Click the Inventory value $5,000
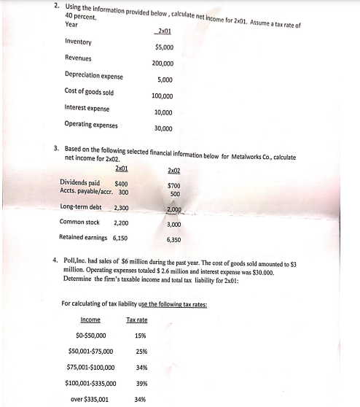tap(163, 47)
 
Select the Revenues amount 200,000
tap(162, 63)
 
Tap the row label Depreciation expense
tap(93, 76)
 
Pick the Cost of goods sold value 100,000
tap(162, 96)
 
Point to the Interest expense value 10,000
tap(163, 112)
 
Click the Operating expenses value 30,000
tap(163, 128)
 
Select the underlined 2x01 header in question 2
tap(163, 31)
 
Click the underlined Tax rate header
tap(137, 320)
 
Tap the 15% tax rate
tap(138, 336)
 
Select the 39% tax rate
tap(138, 384)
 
